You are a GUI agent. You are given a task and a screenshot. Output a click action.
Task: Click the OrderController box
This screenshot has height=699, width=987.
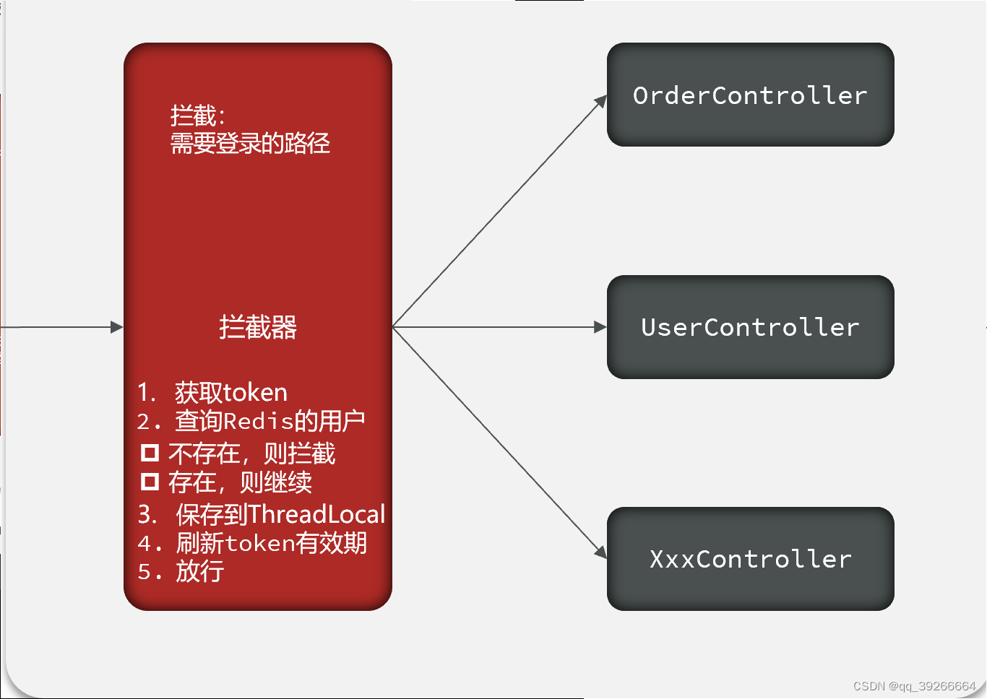(x=750, y=95)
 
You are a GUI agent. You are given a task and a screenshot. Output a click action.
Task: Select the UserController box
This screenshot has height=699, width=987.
(x=750, y=327)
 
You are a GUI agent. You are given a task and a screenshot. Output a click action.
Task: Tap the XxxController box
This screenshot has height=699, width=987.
(x=750, y=559)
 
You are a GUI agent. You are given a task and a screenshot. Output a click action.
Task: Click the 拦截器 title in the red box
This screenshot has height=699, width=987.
(x=258, y=327)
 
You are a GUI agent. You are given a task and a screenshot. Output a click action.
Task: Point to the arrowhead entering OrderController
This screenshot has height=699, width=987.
(x=601, y=102)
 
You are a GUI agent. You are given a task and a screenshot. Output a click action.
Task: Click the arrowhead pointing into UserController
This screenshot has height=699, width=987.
(x=600, y=327)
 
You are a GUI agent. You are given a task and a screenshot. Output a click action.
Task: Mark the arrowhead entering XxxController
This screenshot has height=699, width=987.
(x=601, y=552)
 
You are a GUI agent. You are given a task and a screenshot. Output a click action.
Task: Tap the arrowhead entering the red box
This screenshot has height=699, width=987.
(x=117, y=327)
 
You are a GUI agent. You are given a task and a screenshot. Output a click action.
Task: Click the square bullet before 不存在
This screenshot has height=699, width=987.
(x=150, y=453)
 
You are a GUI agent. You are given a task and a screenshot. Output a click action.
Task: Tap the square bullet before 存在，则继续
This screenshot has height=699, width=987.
(x=150, y=482)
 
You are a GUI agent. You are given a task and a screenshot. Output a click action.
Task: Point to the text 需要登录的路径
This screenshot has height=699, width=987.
(x=250, y=143)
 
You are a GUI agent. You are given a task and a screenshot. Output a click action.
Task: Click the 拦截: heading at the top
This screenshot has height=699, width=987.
(x=197, y=116)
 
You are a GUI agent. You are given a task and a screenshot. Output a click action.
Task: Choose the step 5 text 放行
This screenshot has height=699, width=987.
(x=200, y=571)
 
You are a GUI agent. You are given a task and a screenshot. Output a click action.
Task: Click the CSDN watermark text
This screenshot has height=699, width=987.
(x=914, y=686)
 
